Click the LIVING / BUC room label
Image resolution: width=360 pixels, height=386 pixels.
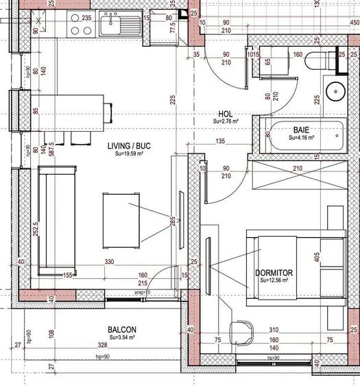pyautogui.click(x=128, y=146)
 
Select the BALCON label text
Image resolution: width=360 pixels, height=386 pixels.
pyautogui.click(x=121, y=329)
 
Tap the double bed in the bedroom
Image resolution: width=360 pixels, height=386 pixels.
pyautogui.click(x=295, y=267)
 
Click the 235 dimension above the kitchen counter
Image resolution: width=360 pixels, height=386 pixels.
pyautogui.click(x=86, y=19)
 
